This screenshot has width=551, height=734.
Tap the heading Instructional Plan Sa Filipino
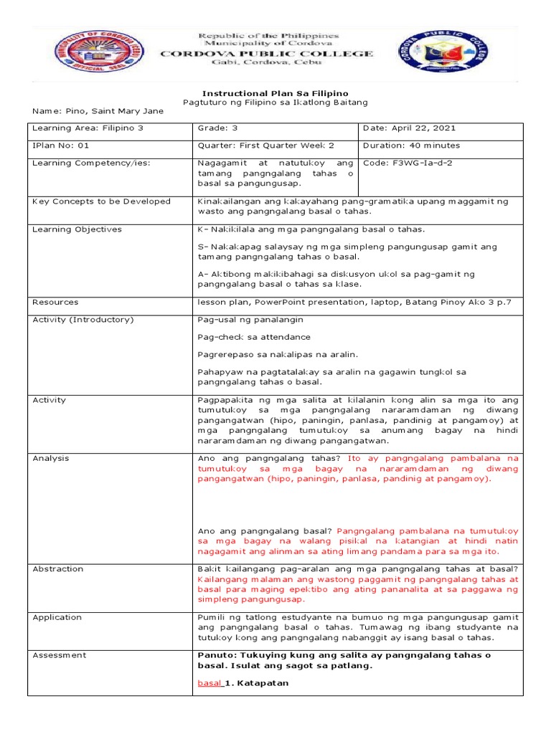(x=275, y=93)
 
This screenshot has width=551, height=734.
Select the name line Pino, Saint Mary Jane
(x=98, y=111)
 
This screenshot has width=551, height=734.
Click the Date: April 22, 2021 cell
(x=410, y=128)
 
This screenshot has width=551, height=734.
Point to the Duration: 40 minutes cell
(x=413, y=145)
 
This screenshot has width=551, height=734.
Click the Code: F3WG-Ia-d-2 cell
(x=408, y=163)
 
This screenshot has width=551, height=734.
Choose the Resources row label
(x=56, y=302)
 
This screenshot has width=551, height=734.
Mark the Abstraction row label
(x=58, y=568)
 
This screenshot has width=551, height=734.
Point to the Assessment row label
(x=60, y=654)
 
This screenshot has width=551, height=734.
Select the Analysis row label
(x=51, y=458)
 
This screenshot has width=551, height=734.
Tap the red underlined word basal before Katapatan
(x=209, y=683)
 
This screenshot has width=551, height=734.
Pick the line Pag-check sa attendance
(x=254, y=337)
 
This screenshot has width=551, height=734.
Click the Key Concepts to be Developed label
(x=102, y=201)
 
